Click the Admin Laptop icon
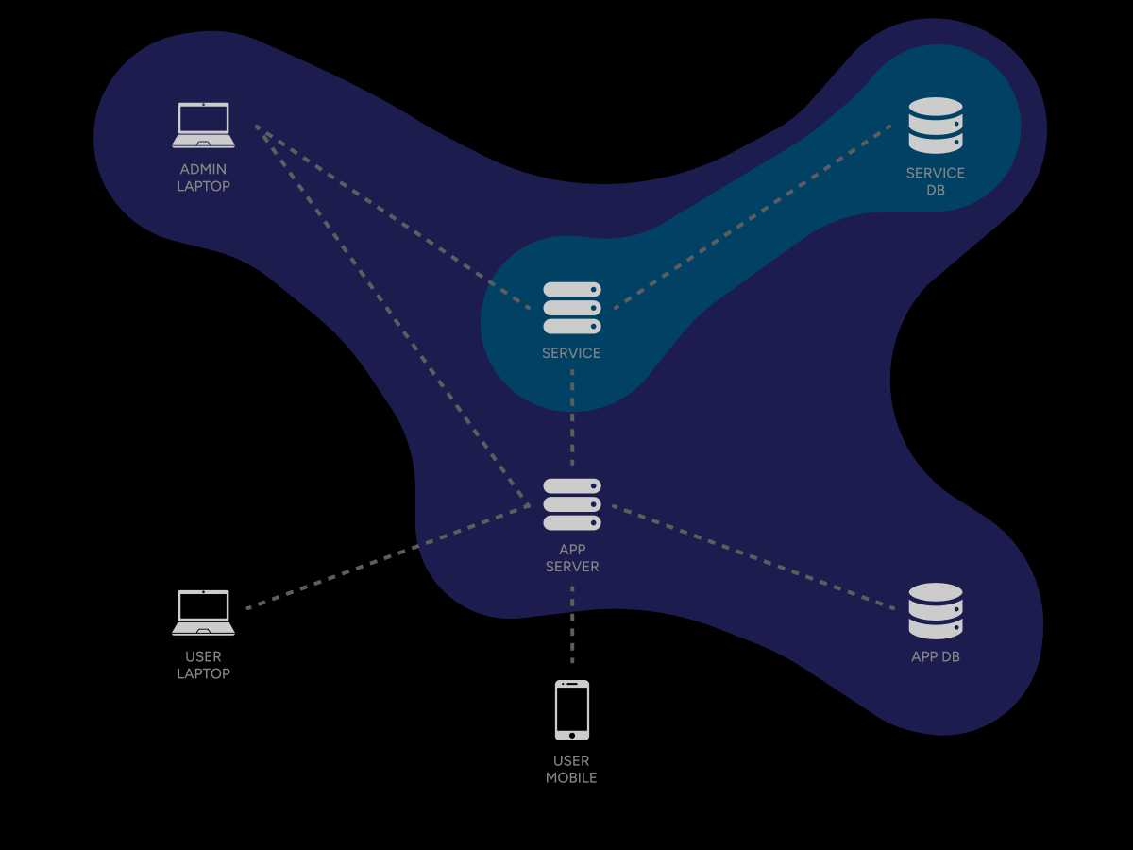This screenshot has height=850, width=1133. (x=203, y=125)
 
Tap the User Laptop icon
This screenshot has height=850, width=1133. (x=203, y=612)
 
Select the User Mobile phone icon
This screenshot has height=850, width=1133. (x=572, y=710)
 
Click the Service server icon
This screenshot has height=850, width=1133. (x=572, y=308)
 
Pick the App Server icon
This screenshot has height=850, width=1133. (x=572, y=504)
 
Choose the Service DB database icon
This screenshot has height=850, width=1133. (x=936, y=126)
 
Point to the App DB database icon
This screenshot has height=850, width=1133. (x=936, y=610)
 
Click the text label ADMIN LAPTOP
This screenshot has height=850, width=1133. (x=203, y=178)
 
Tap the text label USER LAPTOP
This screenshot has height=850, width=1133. (x=203, y=665)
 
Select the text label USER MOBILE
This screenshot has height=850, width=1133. (x=572, y=769)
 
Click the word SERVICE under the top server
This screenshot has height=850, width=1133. (x=571, y=353)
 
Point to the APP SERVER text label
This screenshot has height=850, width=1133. (x=572, y=558)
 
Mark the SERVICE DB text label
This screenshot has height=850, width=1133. (x=936, y=181)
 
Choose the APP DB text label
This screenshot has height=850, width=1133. (x=936, y=656)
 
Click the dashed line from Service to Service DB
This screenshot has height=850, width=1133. (x=753, y=216)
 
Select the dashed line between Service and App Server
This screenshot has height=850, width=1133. (x=572, y=416)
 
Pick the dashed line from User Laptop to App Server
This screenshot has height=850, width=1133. (x=387, y=557)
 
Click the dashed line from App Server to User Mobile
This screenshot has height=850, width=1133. (x=572, y=623)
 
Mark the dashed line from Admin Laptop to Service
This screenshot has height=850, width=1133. (x=393, y=217)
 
